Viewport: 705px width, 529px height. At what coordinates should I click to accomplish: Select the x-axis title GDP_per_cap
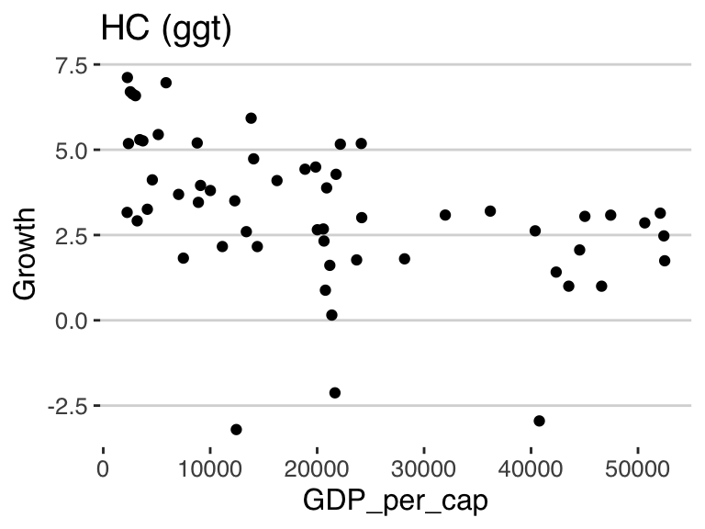397,501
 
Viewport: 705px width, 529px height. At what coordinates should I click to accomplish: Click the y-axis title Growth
26,253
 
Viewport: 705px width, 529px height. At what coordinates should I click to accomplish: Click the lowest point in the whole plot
236,429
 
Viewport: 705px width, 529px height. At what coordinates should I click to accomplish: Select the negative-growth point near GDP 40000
539,421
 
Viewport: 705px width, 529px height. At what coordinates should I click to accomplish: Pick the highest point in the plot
128,78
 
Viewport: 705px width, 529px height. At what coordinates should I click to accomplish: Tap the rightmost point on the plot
665,261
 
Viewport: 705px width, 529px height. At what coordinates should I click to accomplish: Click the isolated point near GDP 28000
404,259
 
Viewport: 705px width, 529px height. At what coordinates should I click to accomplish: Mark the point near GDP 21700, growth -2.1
335,392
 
